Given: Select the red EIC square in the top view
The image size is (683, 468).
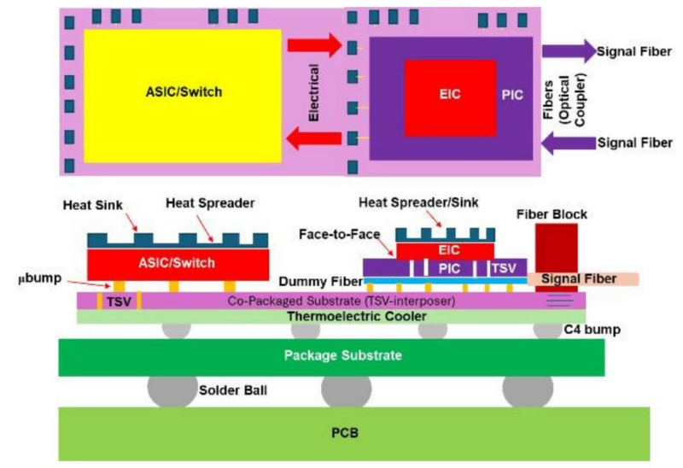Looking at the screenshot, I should tap(451, 94).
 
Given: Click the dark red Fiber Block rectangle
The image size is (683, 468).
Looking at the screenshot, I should tap(556, 248).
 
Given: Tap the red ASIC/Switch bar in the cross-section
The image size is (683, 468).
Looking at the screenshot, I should tap(178, 262).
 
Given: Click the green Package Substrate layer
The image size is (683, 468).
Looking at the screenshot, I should tap(331, 355).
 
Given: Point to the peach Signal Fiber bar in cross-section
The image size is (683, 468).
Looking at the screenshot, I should tap(582, 279).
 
